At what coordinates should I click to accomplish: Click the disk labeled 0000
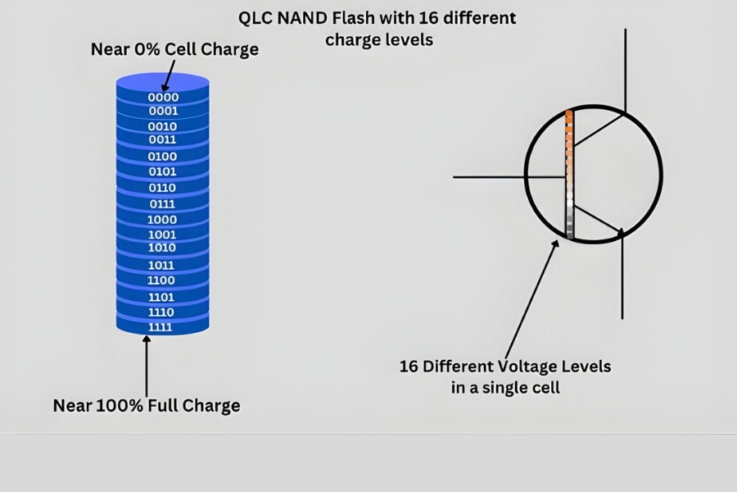coord(163,97)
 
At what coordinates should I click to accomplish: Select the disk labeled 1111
coord(163,327)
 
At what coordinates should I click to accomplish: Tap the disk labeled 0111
coord(163,203)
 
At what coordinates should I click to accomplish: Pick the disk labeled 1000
coord(163,219)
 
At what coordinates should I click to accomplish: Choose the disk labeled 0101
coord(163,172)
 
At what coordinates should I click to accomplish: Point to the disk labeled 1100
coord(163,280)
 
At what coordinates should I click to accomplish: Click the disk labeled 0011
coord(163,140)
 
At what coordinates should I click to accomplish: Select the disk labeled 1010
coord(163,248)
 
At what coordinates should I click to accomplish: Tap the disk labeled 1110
coord(163,312)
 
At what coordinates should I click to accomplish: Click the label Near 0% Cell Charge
coord(174,49)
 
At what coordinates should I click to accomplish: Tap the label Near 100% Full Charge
coord(147,405)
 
